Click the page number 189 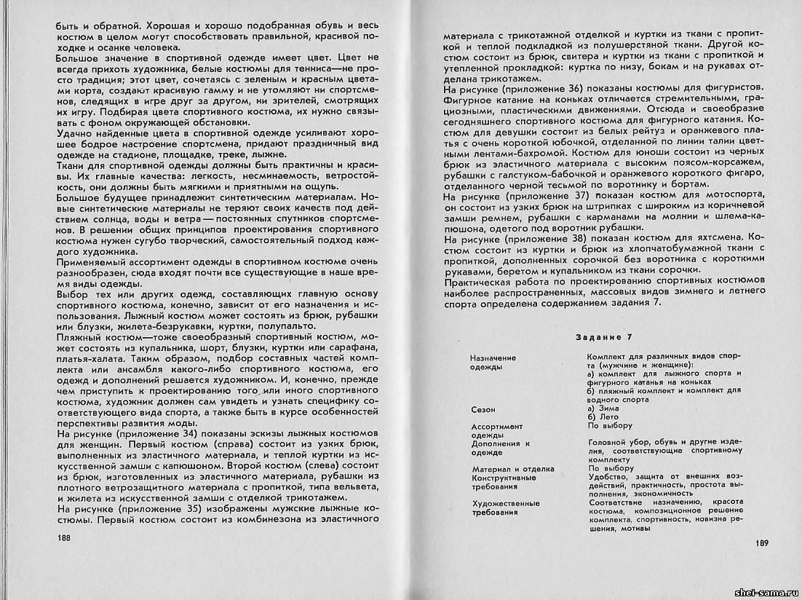pos(762,542)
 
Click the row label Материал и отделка pos(513,469)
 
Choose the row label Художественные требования pos(506,508)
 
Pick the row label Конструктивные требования pos(504,482)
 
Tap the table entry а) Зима pos(601,409)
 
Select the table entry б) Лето pos(600,417)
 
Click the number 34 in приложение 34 pos(178,434)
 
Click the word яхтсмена pos(718,237)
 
